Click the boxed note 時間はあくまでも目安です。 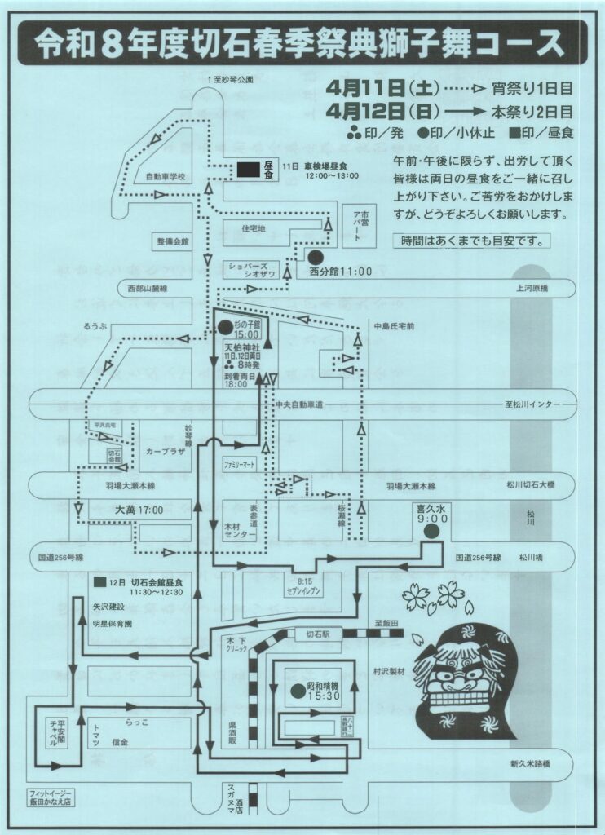pyautogui.click(x=471, y=241)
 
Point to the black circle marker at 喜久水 pyautogui.click(x=431, y=530)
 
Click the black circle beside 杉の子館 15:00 pyautogui.click(x=225, y=326)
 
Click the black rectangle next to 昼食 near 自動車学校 pyautogui.click(x=248, y=170)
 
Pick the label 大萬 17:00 pyautogui.click(x=140, y=510)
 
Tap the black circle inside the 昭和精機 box pyautogui.click(x=297, y=690)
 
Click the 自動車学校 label pyautogui.click(x=166, y=177)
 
